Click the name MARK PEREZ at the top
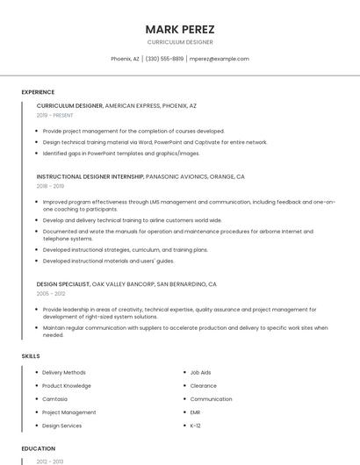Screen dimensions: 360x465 tap(179, 29)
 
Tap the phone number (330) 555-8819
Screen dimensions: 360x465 tap(164, 59)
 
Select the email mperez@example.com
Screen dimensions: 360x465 tap(219, 59)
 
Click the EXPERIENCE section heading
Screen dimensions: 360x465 tap(38, 92)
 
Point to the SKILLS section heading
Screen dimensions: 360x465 tap(31, 356)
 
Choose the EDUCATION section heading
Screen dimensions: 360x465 tap(39, 448)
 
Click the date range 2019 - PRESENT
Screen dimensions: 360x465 tap(54, 116)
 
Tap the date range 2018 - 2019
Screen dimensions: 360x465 tap(50, 186)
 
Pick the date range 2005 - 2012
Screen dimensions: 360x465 tap(50, 294)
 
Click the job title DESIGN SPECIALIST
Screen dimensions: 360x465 tap(63, 284)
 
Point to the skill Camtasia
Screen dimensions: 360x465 tap(55, 399)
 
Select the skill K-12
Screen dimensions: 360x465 tap(196, 426)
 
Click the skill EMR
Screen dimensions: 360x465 tap(196, 412)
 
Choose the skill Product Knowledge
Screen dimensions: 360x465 tap(67, 386)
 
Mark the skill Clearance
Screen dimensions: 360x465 tap(204, 386)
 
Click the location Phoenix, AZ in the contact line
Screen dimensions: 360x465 tap(125, 59)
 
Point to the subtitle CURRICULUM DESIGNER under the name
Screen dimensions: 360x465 tap(179, 42)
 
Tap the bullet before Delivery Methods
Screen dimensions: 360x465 tap(36, 373)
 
